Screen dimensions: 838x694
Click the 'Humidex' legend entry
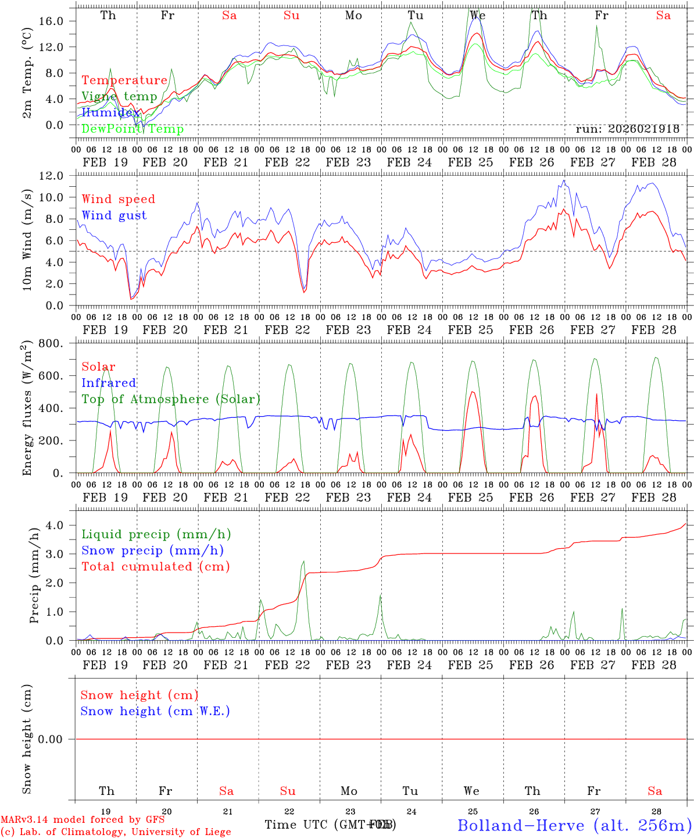tap(110, 112)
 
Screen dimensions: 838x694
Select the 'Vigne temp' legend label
tap(119, 96)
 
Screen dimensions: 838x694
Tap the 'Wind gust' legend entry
tap(114, 215)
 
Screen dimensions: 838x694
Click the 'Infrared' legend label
tap(109, 383)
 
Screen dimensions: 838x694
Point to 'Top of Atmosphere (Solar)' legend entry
tap(171, 399)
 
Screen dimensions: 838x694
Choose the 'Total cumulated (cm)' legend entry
tap(155, 566)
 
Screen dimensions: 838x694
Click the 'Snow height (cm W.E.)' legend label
tap(155, 711)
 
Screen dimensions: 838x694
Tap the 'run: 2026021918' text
tap(627, 129)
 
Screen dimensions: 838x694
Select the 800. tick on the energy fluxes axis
tap(51, 343)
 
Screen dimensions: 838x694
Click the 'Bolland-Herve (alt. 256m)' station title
tap(574, 825)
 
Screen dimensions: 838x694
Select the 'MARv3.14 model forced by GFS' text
tap(83, 820)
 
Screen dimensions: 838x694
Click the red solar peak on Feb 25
tap(472, 392)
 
